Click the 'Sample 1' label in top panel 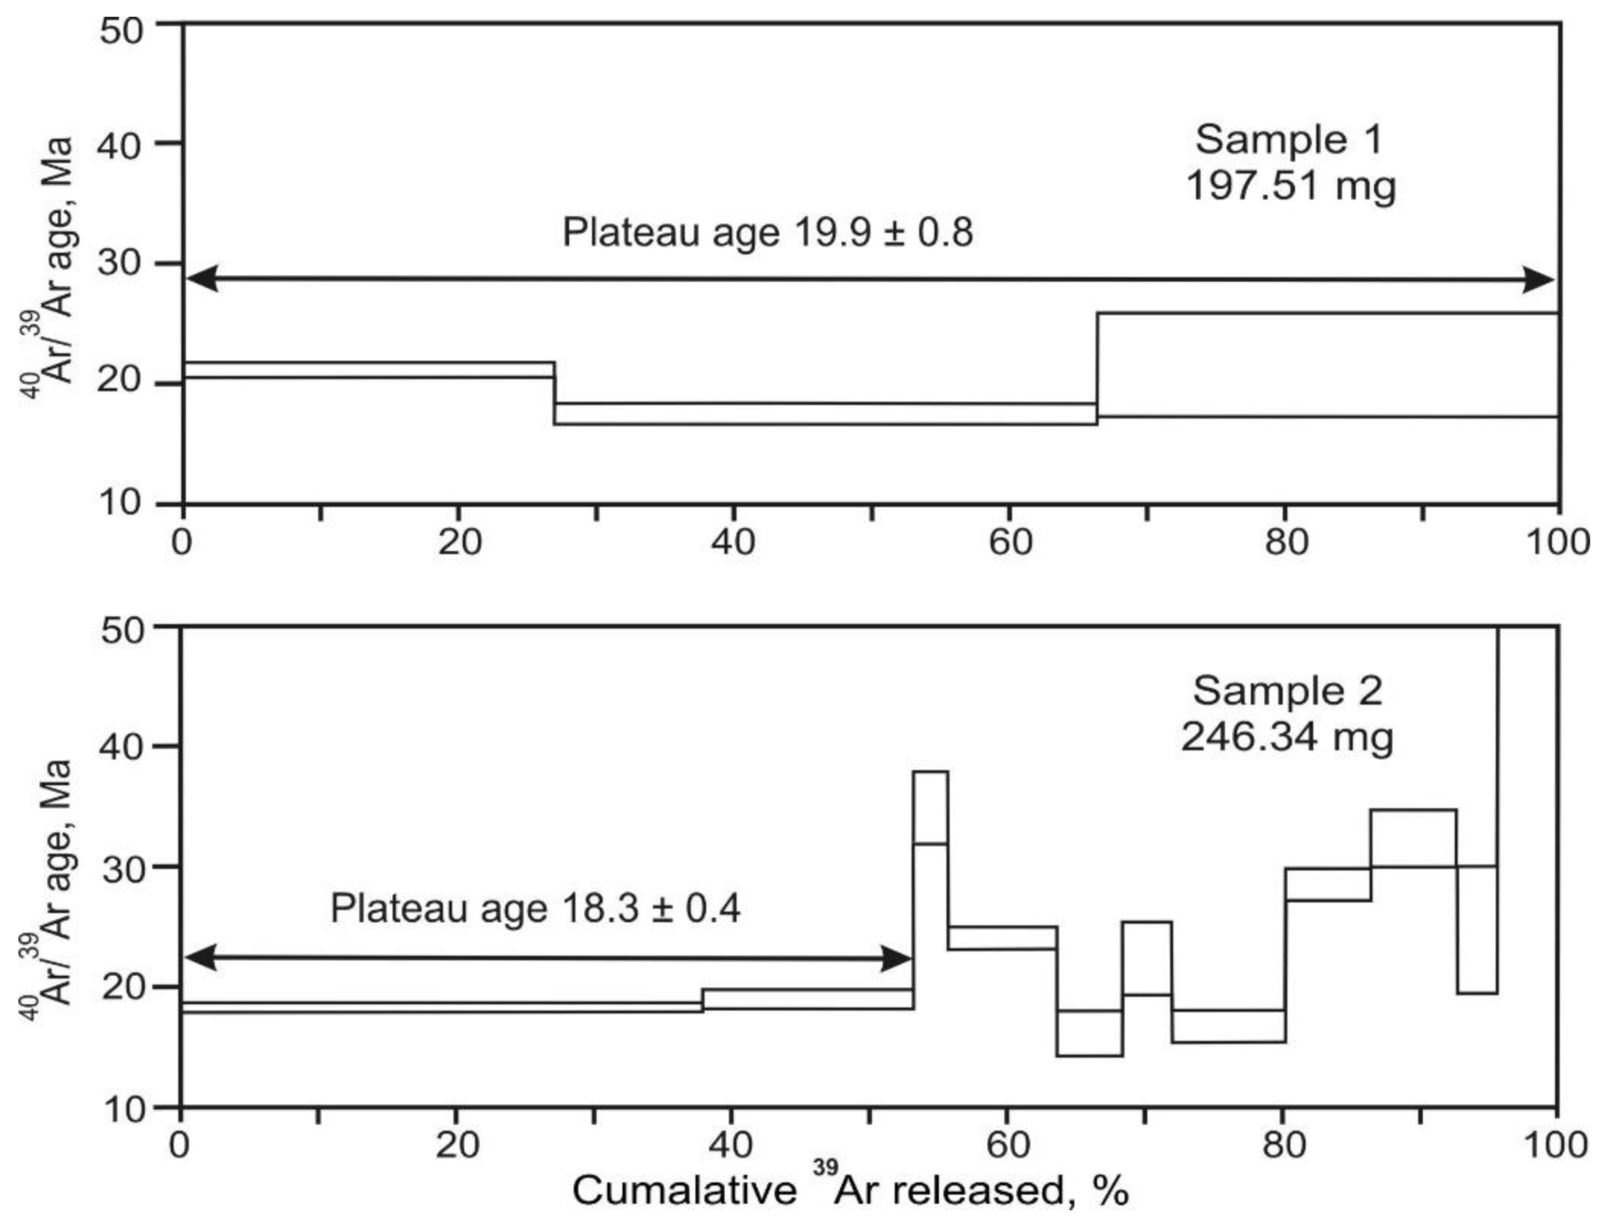coord(1288,139)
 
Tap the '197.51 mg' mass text coord(1290,186)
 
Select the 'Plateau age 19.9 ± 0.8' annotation coord(767,233)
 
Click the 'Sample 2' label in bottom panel coord(1287,691)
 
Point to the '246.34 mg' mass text coord(1287,737)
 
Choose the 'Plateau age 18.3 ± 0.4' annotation coord(535,908)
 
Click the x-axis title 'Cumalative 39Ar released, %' coord(850,1190)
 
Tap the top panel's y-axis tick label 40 coord(120,145)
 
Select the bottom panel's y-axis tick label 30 coord(124,868)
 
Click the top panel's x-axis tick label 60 coord(1010,543)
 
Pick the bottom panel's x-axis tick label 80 coord(1284,1145)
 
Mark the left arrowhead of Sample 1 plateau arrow coord(202,280)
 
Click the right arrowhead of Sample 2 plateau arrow coord(896,958)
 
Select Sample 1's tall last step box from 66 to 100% coord(1328,364)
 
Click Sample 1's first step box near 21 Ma coord(368,370)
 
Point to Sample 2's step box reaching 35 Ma coord(1413,837)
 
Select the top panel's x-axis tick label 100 coord(1557,543)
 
